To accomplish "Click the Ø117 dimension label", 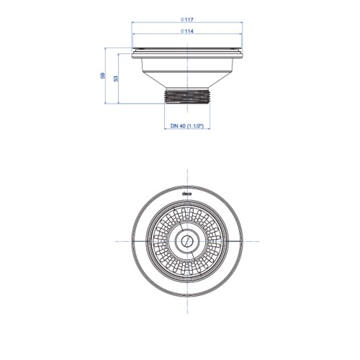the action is (x=187, y=20).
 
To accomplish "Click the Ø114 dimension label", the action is (x=187, y=31).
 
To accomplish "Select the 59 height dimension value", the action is (x=103, y=76).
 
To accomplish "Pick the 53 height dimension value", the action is (x=116, y=78).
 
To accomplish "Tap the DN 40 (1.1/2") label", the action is (x=187, y=126).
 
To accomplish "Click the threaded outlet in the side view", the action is (x=187, y=96).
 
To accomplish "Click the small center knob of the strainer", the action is (x=186, y=241).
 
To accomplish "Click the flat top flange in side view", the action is (x=187, y=53).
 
